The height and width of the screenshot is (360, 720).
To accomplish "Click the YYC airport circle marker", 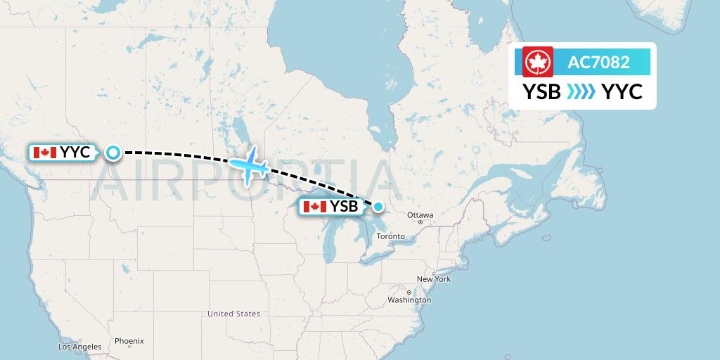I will pos(112,152).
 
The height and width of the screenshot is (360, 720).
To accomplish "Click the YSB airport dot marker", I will pos(378,206).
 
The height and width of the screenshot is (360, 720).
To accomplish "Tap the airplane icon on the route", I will pos(249,165).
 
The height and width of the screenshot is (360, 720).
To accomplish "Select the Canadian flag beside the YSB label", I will pos(314,207).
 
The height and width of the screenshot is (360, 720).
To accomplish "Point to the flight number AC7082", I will pos(598,63).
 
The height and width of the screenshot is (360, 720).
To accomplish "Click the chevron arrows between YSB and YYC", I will pos(581,91).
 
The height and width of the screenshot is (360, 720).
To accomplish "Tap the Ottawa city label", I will pos(420,215).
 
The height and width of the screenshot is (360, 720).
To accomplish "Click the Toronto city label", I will pos(391,236).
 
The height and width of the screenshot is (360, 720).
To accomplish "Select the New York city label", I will pos(434,279).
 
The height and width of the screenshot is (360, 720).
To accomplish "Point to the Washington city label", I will pos(409,300).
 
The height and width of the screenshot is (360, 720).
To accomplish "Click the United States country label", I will pos(233,314).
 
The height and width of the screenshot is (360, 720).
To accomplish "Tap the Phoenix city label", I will pos(129,341).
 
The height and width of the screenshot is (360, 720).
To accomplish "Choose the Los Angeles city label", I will pos(79,347).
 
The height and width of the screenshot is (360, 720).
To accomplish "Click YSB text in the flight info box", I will pos(541,91).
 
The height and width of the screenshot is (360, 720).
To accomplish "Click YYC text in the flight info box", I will pos(622,91).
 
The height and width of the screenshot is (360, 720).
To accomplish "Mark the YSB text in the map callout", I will pos(345,207).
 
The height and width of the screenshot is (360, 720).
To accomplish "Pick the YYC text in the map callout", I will pos(75,152).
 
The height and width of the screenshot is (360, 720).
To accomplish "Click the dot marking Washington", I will pos(409,291).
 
